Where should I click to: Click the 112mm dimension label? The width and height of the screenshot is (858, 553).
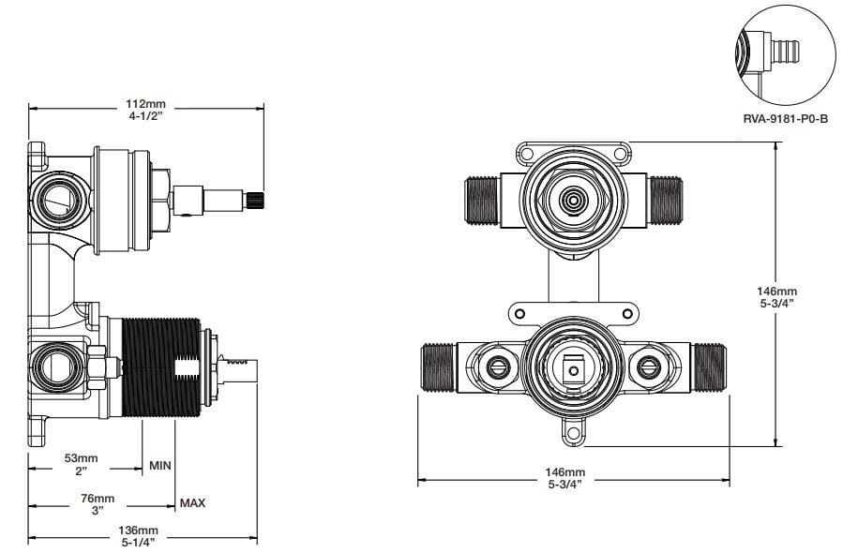click(x=145, y=103)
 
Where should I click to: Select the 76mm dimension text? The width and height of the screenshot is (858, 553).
click(x=98, y=499)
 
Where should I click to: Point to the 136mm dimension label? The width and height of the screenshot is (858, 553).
click(x=139, y=530)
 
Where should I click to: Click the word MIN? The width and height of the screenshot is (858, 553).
click(x=160, y=466)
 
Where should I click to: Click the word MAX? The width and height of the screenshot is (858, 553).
click(x=192, y=502)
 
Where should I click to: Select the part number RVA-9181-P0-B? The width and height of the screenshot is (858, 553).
click(x=785, y=118)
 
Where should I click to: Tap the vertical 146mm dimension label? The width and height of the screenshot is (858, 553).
click(x=777, y=291)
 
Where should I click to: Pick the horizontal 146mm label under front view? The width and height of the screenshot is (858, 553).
click(x=565, y=471)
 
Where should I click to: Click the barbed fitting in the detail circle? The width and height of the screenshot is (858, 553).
click(x=784, y=51)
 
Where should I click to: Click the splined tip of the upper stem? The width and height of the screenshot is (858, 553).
click(x=254, y=201)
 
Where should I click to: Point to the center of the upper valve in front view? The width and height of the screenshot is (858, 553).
click(x=573, y=201)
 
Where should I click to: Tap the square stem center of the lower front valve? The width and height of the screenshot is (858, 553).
click(x=574, y=371)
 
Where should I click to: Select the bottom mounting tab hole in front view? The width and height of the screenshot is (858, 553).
click(x=574, y=434)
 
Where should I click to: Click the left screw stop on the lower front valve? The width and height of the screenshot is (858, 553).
click(x=498, y=367)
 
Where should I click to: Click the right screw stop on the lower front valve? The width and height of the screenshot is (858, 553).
click(x=649, y=367)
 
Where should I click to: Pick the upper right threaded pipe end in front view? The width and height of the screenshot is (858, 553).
click(x=665, y=201)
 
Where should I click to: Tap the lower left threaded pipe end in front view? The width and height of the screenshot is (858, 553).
click(x=440, y=367)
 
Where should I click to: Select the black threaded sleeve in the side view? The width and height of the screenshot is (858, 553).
click(x=161, y=367)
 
